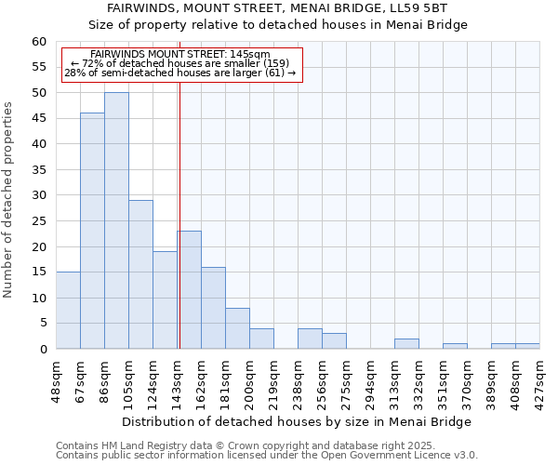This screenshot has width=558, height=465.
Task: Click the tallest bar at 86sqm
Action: tap(116, 220)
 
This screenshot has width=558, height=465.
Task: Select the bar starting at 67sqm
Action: tap(92, 231)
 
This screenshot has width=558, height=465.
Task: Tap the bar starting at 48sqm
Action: tap(68, 311)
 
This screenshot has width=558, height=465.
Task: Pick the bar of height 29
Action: tap(140, 274)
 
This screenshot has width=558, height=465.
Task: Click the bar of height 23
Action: tap(190, 290)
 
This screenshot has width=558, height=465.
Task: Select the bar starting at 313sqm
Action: tap(406, 344)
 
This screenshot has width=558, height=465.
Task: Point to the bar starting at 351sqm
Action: tap(455, 346)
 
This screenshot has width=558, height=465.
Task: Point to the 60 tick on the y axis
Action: tap(39, 42)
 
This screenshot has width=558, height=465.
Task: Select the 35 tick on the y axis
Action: tap(39, 170)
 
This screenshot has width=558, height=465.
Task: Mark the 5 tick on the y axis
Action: tap(43, 324)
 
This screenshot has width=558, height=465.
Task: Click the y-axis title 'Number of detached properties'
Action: tap(9, 200)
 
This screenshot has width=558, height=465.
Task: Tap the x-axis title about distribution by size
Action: tap(297, 421)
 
